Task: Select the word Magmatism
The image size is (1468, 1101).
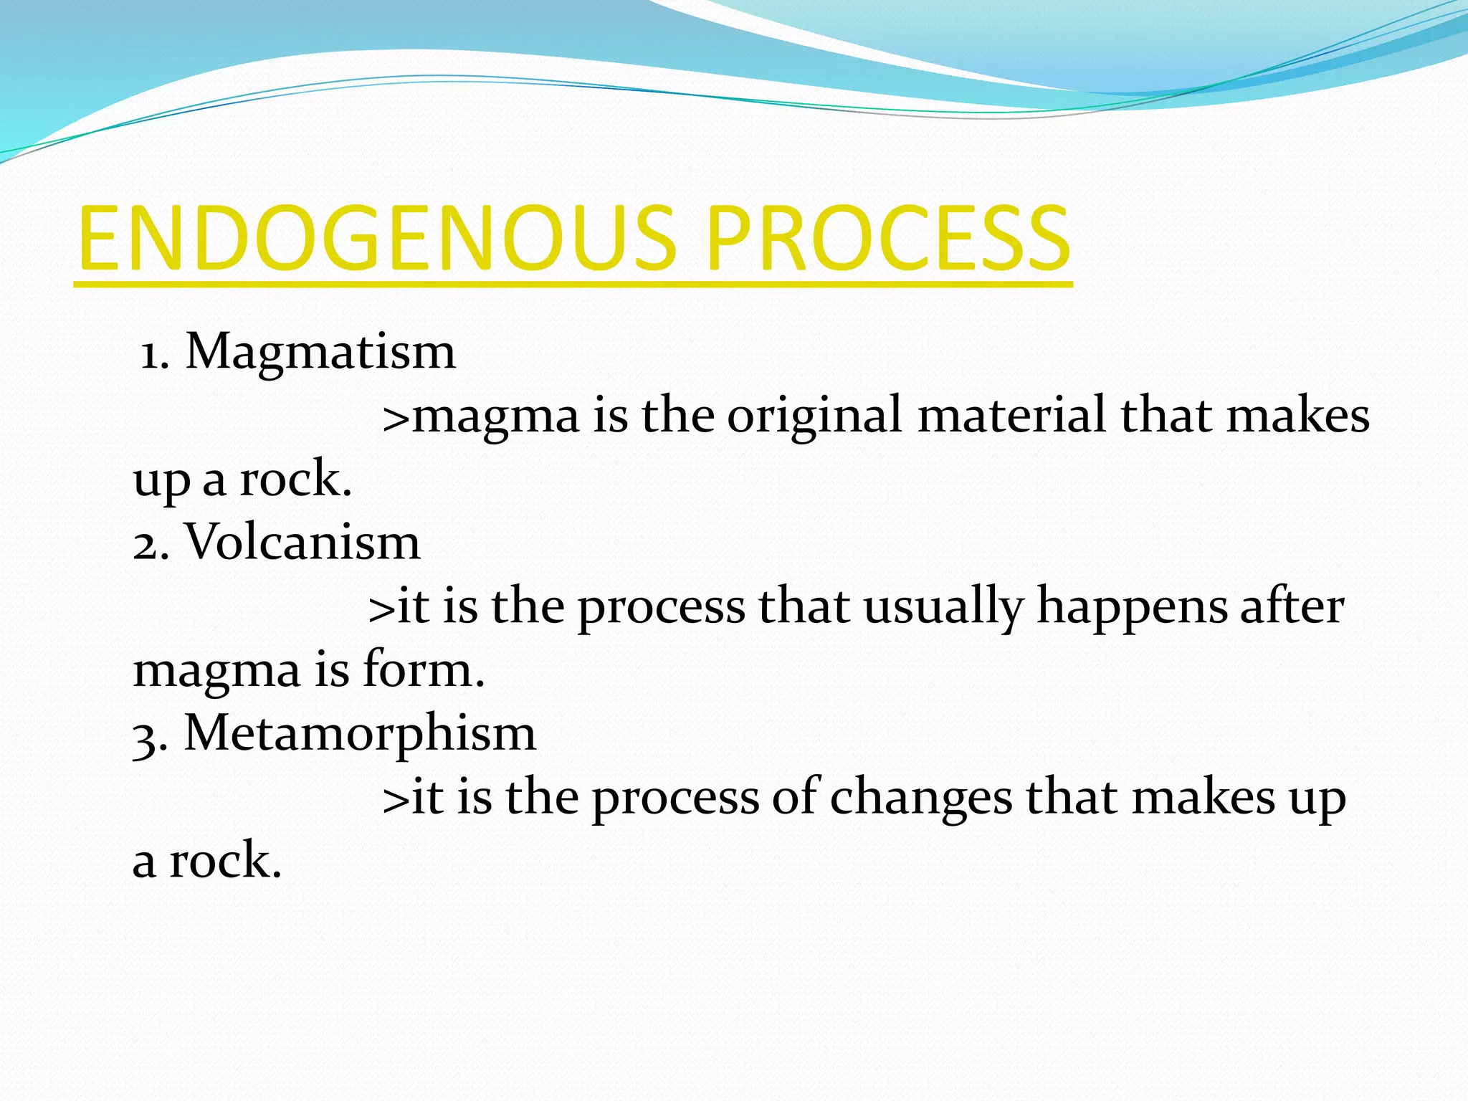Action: click(x=320, y=352)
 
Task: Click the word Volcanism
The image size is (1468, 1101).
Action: click(x=302, y=543)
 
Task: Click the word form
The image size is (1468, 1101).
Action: click(x=423, y=669)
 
